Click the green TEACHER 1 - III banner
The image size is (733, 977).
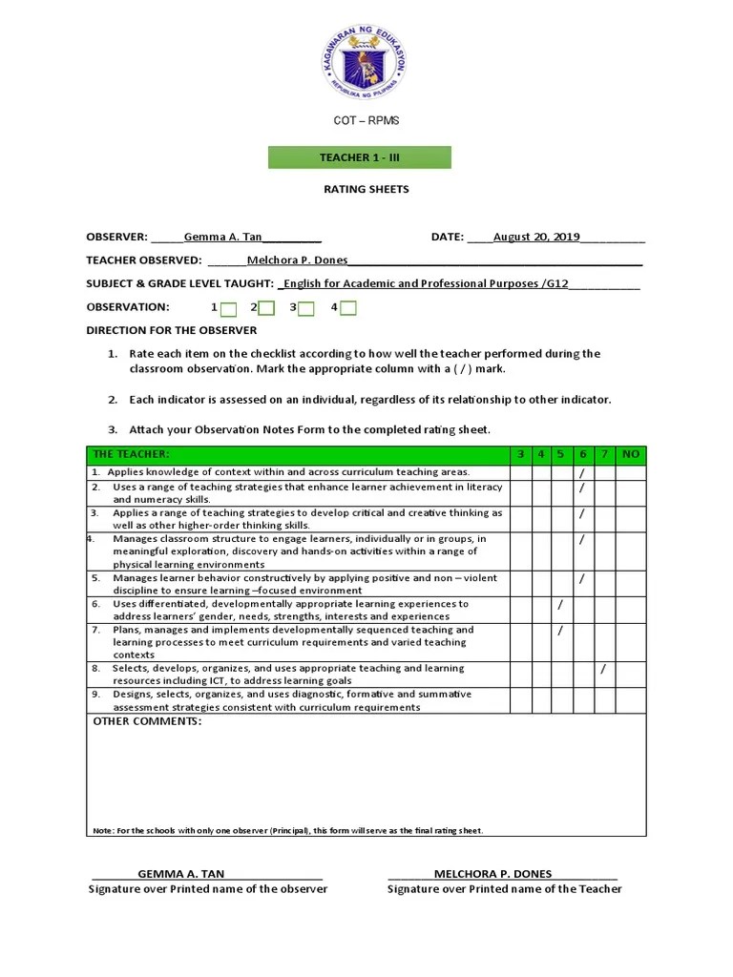point(359,157)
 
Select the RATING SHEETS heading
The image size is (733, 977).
point(366,189)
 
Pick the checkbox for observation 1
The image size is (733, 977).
point(229,308)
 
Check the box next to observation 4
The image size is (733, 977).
point(348,308)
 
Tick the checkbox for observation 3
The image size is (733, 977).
point(307,308)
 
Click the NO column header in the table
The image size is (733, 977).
point(630,454)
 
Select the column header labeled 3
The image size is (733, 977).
point(520,454)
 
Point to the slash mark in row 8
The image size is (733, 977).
point(603,669)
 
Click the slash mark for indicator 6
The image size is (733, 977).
point(560,605)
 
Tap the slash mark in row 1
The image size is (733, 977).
point(582,472)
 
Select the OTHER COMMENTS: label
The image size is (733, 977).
point(147,721)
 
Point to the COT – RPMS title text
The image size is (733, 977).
point(366,121)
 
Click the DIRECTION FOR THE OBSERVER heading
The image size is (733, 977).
point(172,330)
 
